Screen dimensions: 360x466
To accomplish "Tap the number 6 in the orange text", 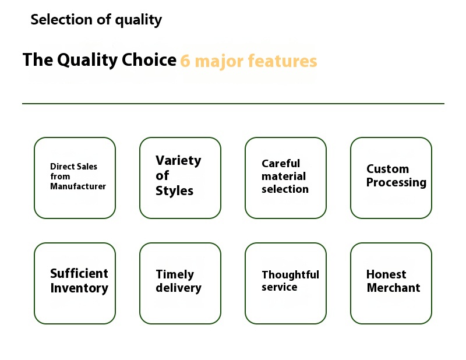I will coord(185,61).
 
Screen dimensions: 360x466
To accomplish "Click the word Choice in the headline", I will coord(149,60).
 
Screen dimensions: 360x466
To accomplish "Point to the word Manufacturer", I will coord(78,186).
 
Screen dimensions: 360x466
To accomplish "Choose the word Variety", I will coord(178,160).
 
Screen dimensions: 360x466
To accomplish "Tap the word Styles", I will coord(174,191).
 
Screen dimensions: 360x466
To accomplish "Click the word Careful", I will coord(281,164).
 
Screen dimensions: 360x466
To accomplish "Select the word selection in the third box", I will coord(285,189).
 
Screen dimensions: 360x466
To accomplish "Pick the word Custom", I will coord(387,169).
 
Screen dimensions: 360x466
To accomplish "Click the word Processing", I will coord(396,183).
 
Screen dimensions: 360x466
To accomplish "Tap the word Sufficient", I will coord(79,274).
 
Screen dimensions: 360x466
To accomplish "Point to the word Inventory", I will coord(79,288).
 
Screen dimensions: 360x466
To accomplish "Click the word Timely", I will coord(175,274).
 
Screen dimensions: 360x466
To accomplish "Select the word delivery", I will coord(178,288).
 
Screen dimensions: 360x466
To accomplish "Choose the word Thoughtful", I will coord(290,274).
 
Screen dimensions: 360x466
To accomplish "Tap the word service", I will coord(280,288).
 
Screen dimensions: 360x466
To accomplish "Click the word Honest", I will coord(386,274).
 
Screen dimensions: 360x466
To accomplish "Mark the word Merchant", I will coord(393,288).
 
